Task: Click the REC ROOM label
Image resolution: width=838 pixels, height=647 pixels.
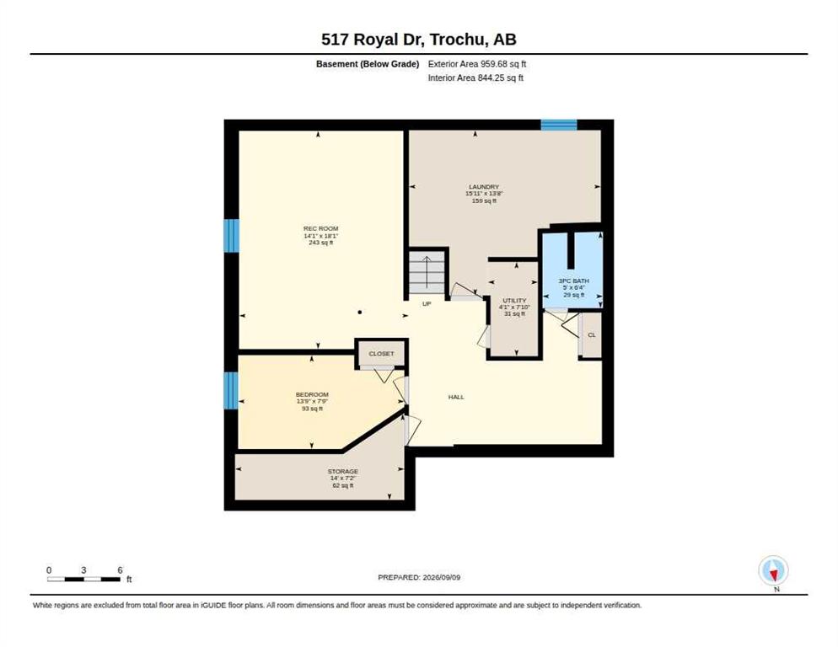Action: click(x=320, y=228)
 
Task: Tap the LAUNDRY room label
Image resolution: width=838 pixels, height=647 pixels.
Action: click(x=484, y=187)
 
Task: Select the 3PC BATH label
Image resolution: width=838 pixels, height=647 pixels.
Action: click(x=573, y=281)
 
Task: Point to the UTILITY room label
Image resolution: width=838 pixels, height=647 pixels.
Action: click(x=514, y=301)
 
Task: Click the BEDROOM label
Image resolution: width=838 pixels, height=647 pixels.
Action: click(x=312, y=395)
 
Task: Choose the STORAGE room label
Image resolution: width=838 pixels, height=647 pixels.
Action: click(x=342, y=472)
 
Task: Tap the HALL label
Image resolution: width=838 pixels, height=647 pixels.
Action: click(x=456, y=397)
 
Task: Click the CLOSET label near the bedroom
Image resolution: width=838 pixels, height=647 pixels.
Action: click(x=381, y=354)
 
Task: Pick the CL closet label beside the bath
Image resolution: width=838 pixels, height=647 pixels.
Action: click(x=592, y=335)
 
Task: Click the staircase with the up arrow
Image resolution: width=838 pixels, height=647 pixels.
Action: click(x=427, y=271)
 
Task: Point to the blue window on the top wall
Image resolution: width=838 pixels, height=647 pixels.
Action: click(x=558, y=125)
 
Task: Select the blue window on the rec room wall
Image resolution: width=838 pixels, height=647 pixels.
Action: click(x=231, y=236)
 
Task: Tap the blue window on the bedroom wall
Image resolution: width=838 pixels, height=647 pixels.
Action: click(x=231, y=391)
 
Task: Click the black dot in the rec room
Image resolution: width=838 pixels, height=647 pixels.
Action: click(x=360, y=313)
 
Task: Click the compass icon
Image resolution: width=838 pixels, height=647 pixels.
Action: click(x=773, y=570)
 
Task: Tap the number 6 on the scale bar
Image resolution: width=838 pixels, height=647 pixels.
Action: click(x=120, y=570)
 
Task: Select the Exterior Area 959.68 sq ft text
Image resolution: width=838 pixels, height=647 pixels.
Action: click(x=477, y=64)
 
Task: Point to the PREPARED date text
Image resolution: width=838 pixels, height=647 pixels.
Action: click(x=419, y=578)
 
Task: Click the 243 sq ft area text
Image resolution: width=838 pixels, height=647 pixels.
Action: click(x=320, y=243)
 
